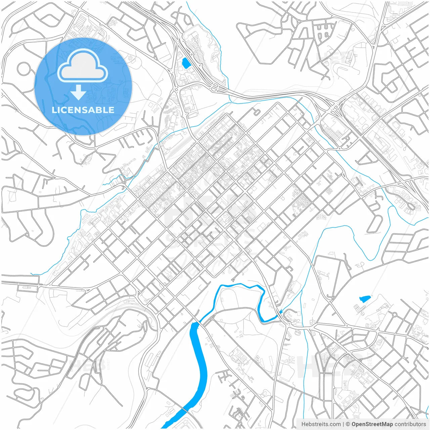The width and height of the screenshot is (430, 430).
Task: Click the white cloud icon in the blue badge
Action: (83, 66)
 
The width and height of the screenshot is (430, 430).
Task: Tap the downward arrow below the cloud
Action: (78, 93)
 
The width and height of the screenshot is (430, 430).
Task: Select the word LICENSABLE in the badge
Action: (83, 110)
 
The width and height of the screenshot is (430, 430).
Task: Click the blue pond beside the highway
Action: (184, 62)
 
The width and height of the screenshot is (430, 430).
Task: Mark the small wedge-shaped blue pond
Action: (364, 298)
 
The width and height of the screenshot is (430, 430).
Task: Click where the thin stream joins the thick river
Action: (278, 316)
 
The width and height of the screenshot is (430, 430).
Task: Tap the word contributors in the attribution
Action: (410, 424)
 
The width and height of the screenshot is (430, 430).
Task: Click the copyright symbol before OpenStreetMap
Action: (348, 424)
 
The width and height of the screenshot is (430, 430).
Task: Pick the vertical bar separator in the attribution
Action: (343, 424)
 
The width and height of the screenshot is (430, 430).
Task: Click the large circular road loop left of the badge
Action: (24, 69)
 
